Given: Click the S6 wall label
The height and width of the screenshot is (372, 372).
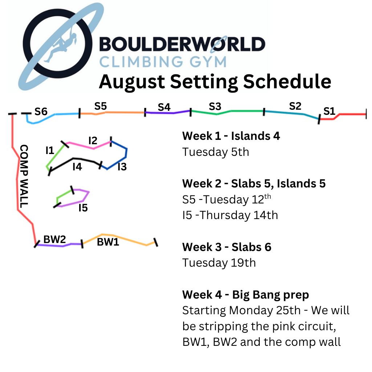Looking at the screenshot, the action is (x=41, y=112).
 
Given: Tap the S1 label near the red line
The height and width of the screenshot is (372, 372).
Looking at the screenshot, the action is (x=329, y=111).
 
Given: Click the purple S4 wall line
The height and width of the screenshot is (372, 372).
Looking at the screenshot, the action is (x=168, y=112).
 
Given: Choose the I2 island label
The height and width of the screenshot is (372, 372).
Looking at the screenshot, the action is (x=93, y=141).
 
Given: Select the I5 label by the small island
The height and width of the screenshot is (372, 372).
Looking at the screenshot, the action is (x=83, y=208).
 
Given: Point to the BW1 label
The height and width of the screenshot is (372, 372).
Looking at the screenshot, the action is (x=108, y=242).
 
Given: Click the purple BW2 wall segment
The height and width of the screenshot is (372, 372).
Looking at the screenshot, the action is (x=59, y=245).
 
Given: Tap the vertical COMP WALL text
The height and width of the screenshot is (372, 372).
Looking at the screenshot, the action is (x=24, y=176).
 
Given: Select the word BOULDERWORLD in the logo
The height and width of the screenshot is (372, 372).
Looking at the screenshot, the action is (x=182, y=44).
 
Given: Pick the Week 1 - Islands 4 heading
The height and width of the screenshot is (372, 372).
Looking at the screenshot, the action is (x=231, y=136).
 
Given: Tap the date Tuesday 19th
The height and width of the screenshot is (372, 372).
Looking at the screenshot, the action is (x=219, y=263).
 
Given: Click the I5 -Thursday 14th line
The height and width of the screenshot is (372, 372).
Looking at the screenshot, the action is (x=230, y=215).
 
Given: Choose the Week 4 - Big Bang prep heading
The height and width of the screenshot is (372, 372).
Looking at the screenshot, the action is (x=246, y=295).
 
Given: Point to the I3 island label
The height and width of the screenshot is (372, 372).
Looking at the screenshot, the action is (x=122, y=167).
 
